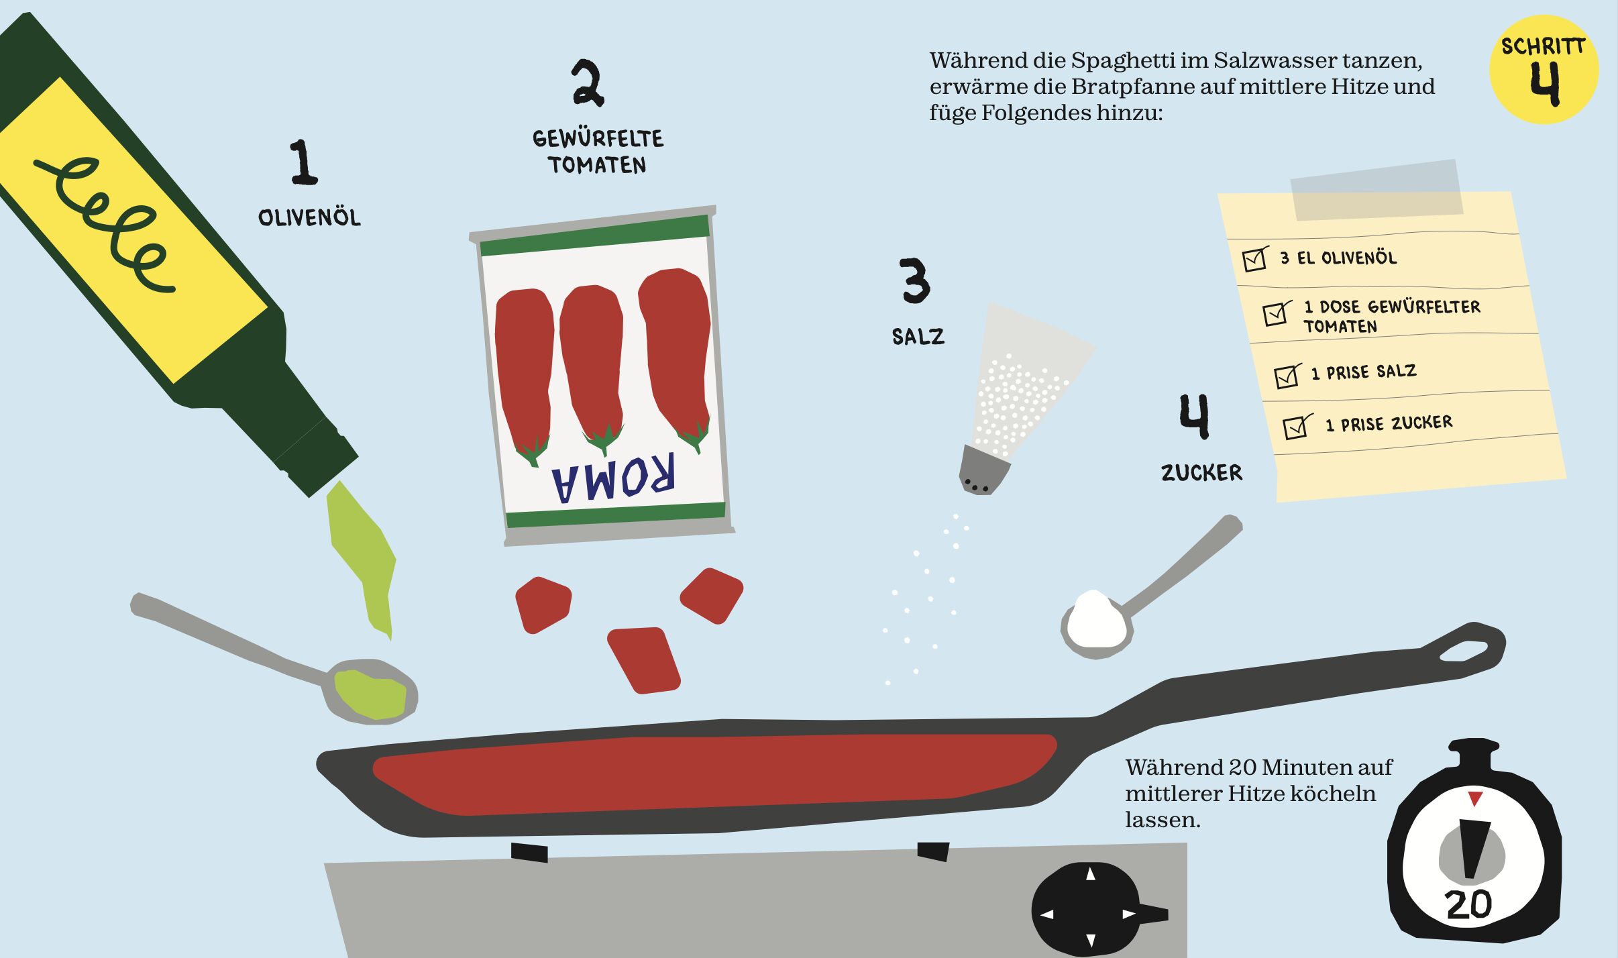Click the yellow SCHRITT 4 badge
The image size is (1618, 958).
[1544, 70]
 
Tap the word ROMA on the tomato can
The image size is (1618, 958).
[612, 479]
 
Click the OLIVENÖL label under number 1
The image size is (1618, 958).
[309, 217]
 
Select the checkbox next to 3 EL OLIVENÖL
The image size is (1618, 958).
[1254, 259]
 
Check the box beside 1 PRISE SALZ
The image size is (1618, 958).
[1287, 376]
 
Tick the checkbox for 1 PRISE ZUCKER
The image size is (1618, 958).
[1296, 427]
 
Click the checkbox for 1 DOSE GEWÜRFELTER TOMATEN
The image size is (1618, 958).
[1276, 313]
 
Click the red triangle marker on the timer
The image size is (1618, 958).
[1475, 798]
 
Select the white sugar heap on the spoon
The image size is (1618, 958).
[1095, 619]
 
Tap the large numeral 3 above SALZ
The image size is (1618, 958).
[915, 280]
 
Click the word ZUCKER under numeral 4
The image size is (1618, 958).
[1201, 473]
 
